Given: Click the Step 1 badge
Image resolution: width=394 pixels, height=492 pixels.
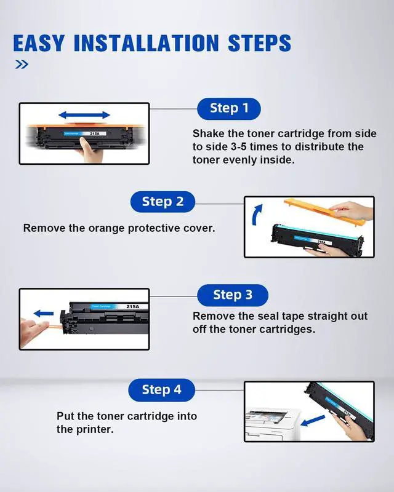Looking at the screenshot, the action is (x=229, y=109).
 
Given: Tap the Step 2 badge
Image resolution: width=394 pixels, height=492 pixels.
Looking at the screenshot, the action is (x=163, y=202).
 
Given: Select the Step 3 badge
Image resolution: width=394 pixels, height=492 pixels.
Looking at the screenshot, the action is (x=233, y=295).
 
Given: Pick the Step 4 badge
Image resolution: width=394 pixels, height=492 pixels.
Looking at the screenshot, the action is (x=161, y=390).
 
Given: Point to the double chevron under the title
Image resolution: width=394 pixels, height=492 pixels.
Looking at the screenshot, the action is (x=22, y=65).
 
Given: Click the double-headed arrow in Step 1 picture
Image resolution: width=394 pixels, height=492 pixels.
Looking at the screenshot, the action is (x=84, y=115).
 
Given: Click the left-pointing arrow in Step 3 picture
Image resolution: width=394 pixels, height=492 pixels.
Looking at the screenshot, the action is (x=43, y=313).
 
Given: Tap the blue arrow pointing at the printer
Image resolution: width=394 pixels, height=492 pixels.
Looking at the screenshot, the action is (x=313, y=421).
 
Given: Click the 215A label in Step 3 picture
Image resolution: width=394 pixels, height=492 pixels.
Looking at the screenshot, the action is (x=132, y=306).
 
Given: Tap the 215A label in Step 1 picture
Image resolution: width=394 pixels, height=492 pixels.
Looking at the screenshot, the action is (x=95, y=133).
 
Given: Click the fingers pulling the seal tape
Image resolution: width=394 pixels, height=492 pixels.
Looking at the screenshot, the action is (x=34, y=330).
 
